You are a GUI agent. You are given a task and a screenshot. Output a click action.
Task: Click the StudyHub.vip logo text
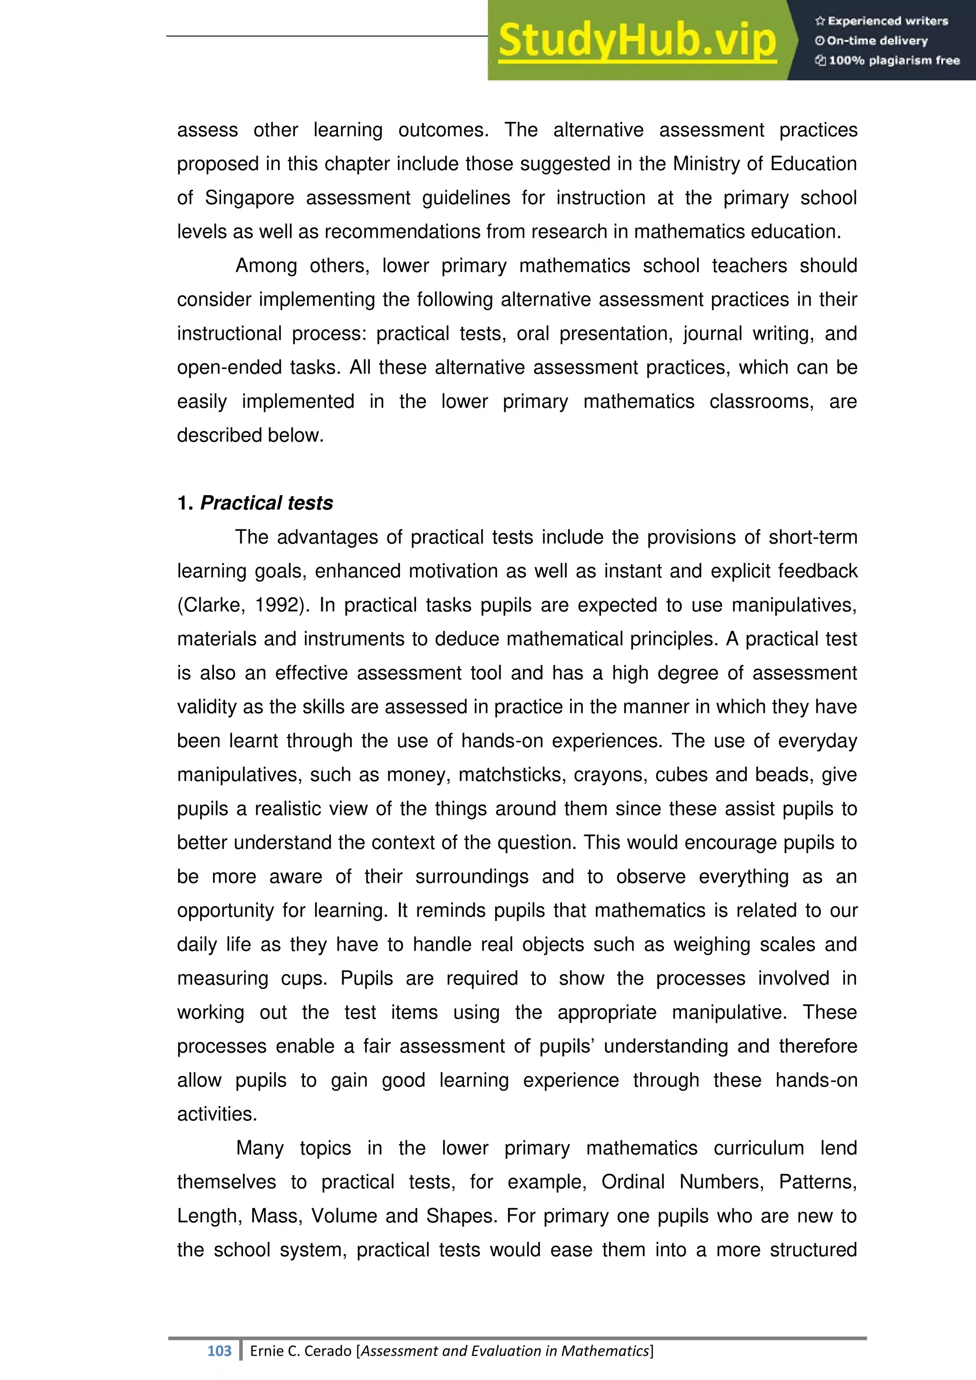tap(637, 41)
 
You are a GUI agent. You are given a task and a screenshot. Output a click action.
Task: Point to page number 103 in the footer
tap(219, 1350)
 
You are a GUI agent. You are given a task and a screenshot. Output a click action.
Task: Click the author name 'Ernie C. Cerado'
tap(301, 1350)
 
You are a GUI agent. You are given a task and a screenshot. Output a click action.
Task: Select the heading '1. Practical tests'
tap(255, 503)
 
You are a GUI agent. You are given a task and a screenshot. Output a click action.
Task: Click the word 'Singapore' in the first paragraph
tap(249, 198)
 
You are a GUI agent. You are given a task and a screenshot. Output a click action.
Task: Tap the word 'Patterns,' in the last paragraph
tap(817, 1182)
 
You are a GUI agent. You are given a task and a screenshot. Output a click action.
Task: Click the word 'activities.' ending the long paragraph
tap(217, 1114)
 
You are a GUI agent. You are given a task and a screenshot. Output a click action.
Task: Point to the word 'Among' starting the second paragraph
tap(265, 266)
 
